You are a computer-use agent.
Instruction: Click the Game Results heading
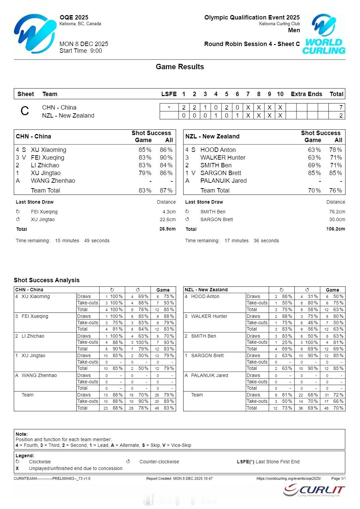point(180,67)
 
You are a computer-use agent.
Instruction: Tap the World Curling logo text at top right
point(324,46)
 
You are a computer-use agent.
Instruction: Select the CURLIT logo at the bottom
point(314,491)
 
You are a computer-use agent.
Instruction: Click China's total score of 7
point(341,108)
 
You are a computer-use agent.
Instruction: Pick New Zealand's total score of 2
point(341,116)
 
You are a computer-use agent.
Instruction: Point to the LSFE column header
point(169,94)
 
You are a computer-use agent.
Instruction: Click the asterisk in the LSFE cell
point(169,108)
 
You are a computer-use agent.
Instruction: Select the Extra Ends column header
point(306,94)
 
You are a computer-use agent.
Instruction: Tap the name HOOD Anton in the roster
point(218,150)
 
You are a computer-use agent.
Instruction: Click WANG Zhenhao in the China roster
point(53,181)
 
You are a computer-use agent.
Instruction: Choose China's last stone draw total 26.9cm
point(167,229)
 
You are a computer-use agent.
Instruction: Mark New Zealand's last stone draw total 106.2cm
point(335,229)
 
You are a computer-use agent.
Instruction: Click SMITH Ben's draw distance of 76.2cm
point(337,212)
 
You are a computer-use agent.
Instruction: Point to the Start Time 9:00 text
point(81,51)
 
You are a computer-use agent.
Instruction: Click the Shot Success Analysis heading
point(47,280)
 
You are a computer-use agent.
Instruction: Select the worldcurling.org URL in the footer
point(288,478)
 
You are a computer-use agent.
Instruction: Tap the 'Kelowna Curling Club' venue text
point(279,24)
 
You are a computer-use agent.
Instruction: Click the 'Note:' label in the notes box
point(22,434)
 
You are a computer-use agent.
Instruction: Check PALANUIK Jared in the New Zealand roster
point(223,181)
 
